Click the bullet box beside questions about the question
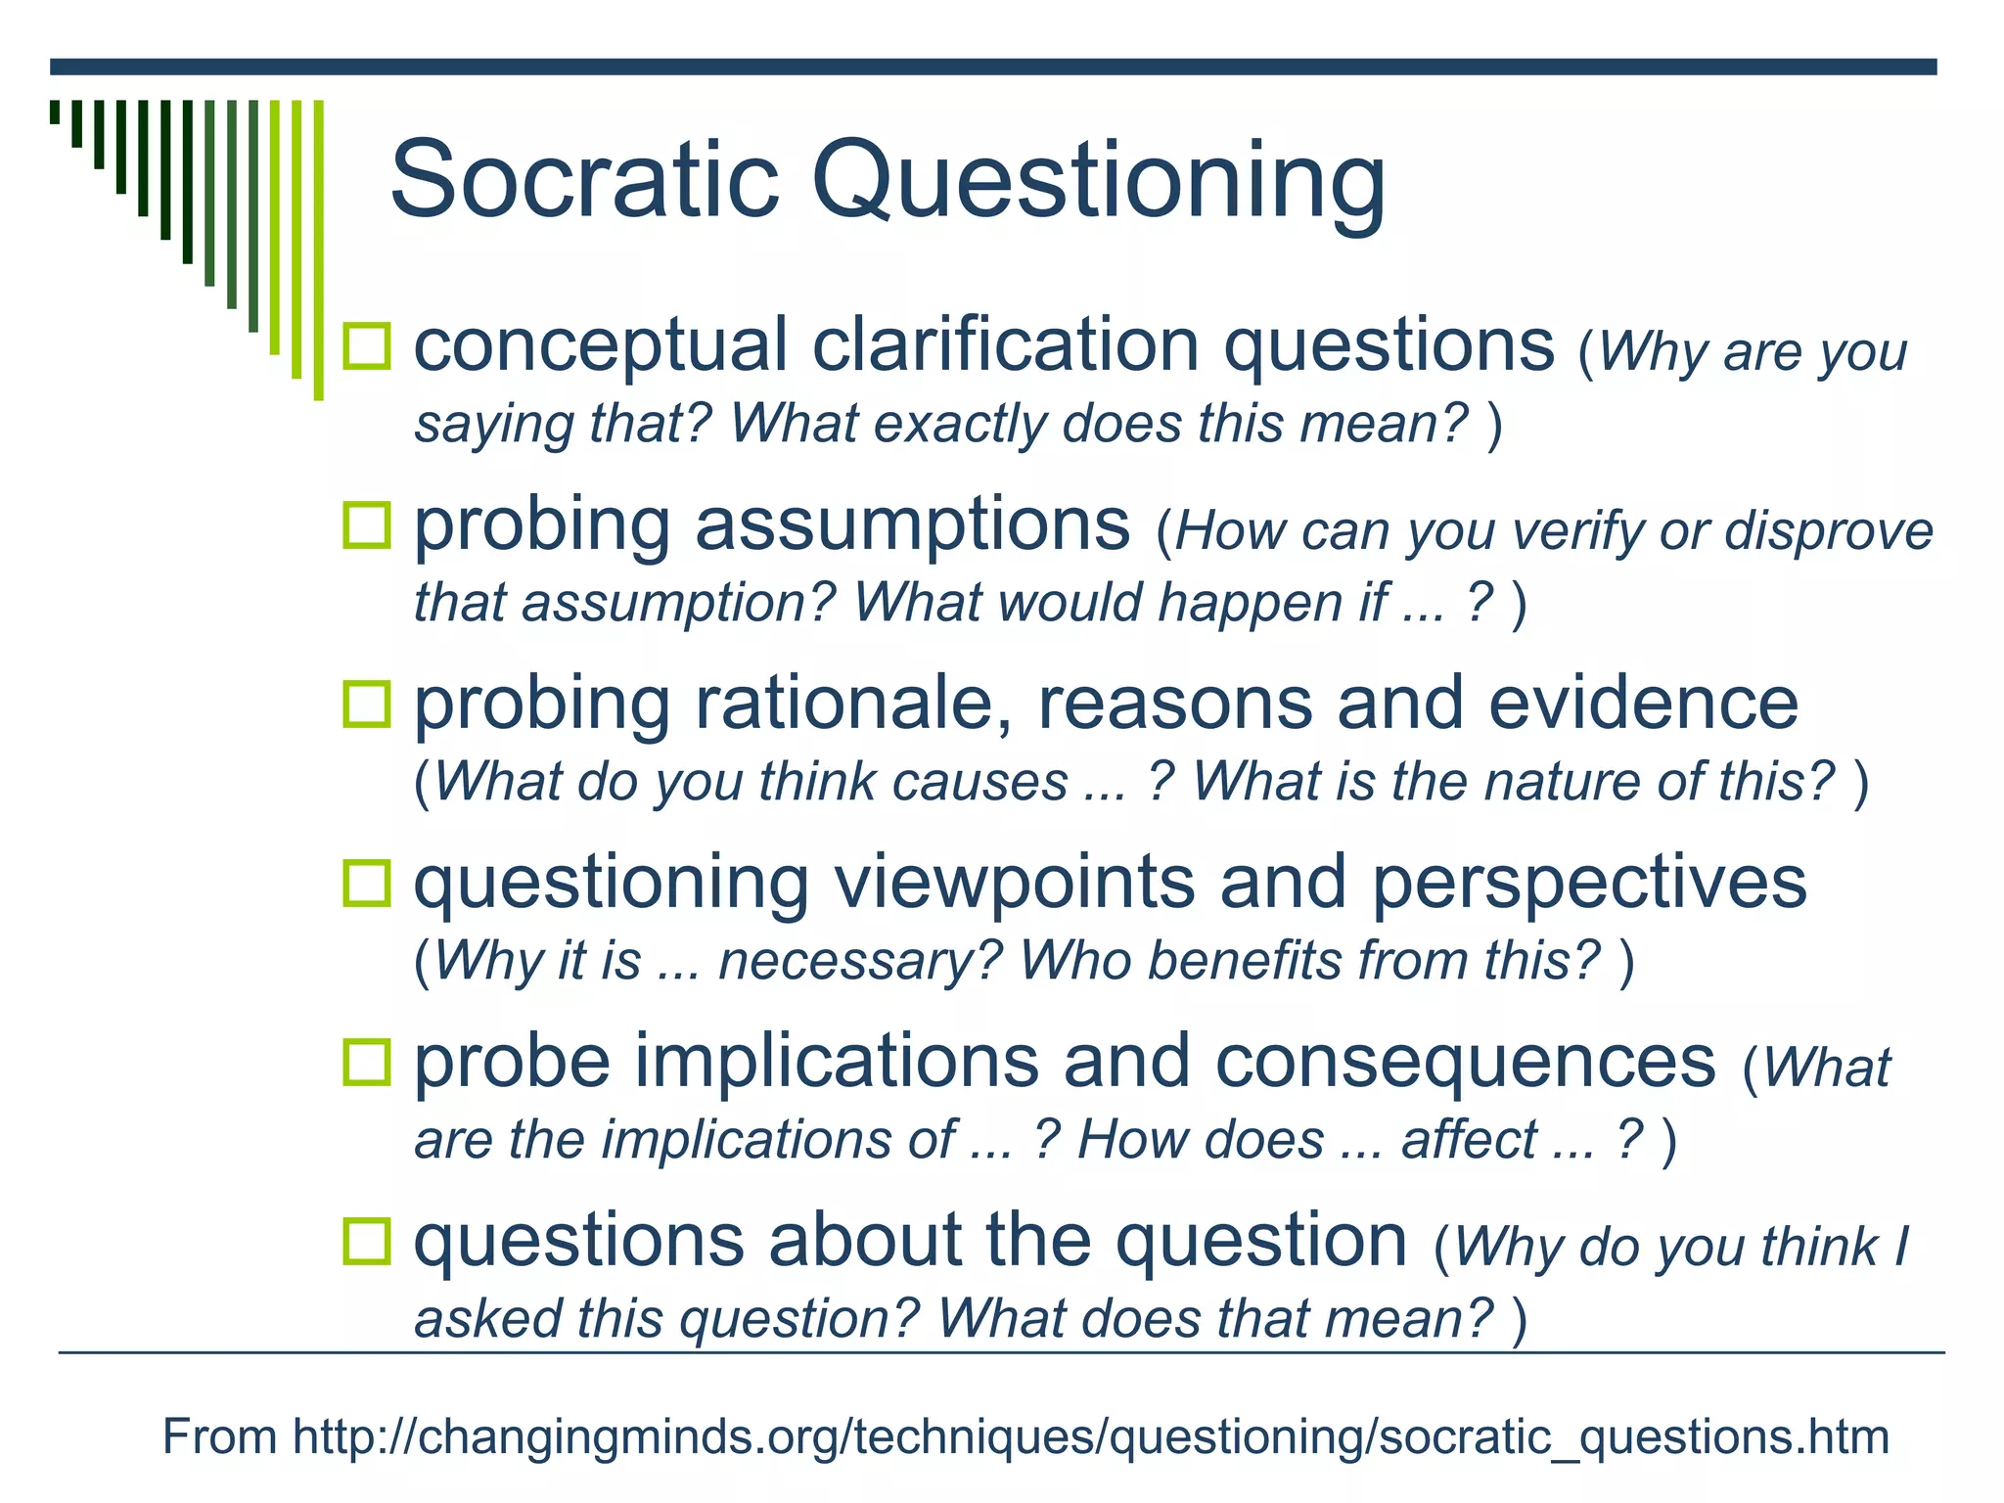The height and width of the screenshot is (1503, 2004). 367,1241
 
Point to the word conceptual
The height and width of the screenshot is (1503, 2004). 600,346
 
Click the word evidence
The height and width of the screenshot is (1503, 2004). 1643,704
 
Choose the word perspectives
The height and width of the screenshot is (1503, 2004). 1588,884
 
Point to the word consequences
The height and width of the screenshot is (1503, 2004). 1465,1063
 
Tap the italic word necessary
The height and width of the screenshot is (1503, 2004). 860,960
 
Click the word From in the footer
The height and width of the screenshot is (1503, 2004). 219,1436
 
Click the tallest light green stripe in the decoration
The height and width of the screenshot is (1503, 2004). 318,250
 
